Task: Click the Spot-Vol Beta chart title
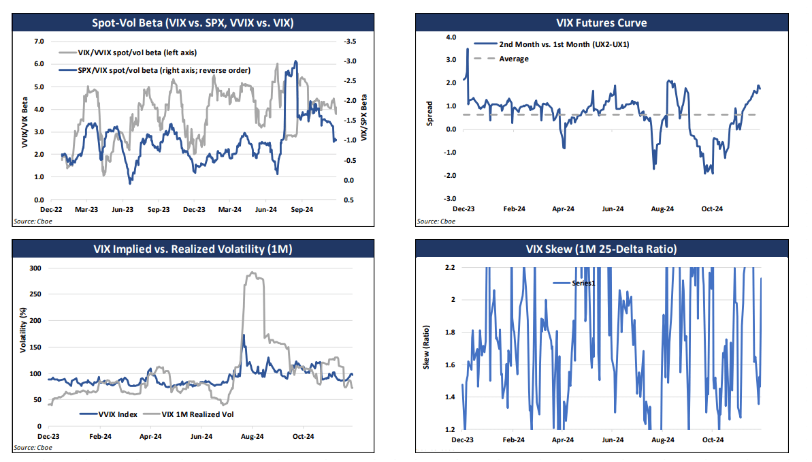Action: click(193, 22)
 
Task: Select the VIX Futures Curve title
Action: click(600, 22)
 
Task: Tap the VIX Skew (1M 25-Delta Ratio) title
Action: click(600, 249)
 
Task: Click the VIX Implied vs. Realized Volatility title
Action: click(193, 249)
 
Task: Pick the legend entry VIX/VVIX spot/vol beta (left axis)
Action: click(129, 52)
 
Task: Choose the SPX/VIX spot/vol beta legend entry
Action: click(155, 70)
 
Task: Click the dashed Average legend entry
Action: click(513, 59)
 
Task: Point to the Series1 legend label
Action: click(582, 283)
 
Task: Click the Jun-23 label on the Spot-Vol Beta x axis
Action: click(122, 210)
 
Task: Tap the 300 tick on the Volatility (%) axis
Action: click(35, 268)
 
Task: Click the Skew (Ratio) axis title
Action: click(428, 348)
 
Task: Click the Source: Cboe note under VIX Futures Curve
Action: click(436, 221)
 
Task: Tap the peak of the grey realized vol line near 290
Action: click(253, 273)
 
